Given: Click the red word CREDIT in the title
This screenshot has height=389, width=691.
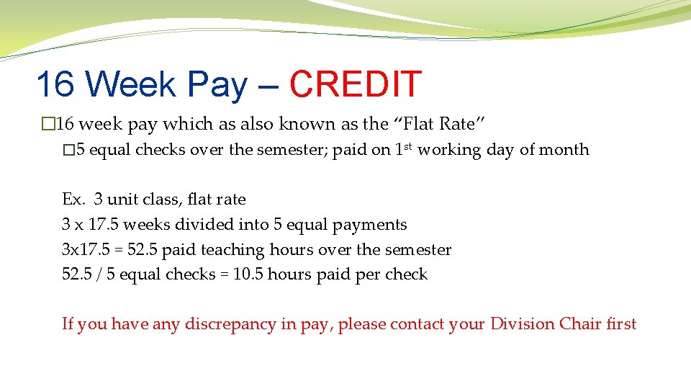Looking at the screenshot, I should (x=355, y=84).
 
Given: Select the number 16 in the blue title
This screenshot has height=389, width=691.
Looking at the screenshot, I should (x=55, y=84).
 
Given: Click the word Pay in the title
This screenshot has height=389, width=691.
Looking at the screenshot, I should (x=217, y=84).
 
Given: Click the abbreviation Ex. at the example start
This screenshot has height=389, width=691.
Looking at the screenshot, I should (x=73, y=200).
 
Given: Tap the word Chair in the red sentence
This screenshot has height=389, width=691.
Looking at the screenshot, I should (x=577, y=324).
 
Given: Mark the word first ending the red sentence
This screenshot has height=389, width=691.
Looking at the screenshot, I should (x=621, y=324).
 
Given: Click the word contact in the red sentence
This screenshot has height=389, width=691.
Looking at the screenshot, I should (x=417, y=324).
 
